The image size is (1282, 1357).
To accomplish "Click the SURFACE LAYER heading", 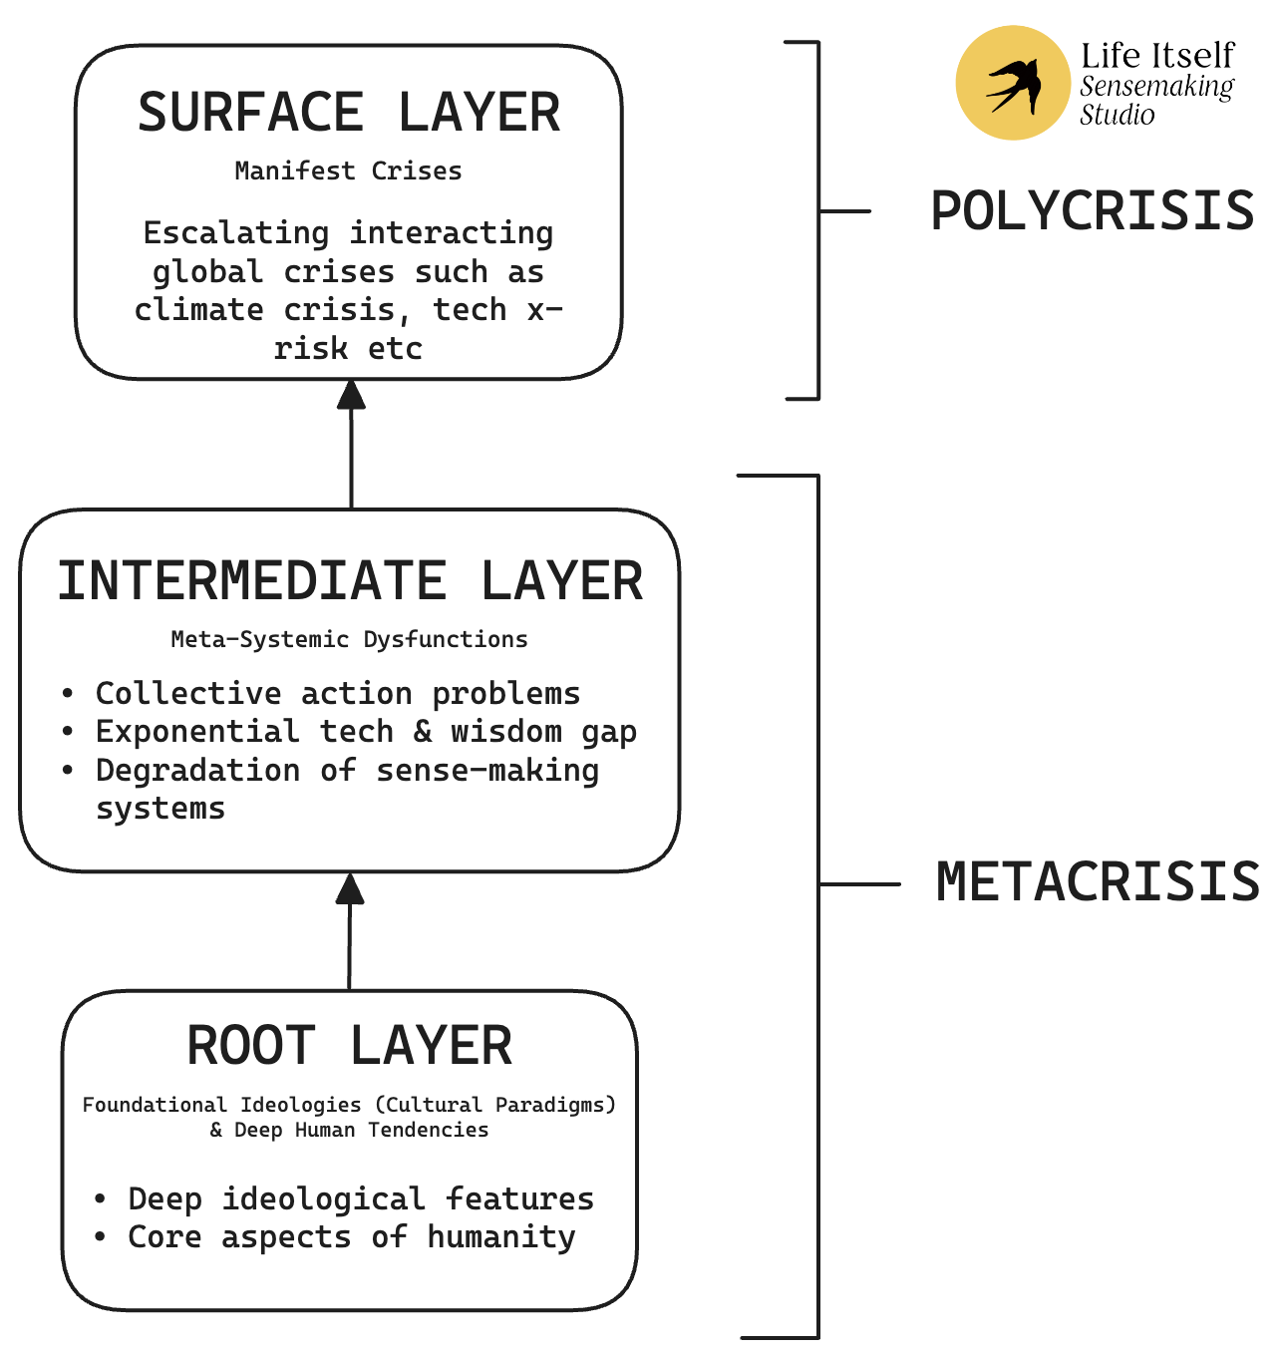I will [349, 113].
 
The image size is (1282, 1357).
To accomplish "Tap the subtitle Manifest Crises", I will [348, 171].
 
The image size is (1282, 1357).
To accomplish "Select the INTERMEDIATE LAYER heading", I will [350, 582].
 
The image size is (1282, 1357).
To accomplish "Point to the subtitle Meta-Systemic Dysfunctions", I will [349, 639].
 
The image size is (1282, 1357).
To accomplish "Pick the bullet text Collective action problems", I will [337, 694].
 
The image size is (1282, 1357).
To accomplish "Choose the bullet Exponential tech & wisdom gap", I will [365, 732].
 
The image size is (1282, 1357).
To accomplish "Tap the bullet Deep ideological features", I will [360, 1198].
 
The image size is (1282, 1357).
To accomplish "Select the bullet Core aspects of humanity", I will [351, 1237].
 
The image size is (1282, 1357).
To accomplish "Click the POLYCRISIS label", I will [1092, 211].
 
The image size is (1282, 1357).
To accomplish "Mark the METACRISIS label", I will [1098, 883].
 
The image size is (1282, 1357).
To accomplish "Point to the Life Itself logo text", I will [1156, 55].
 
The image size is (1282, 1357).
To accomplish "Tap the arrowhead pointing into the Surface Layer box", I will [351, 395].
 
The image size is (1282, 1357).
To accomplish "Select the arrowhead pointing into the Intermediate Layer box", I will [350, 888].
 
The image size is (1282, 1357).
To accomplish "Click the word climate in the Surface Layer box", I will [198, 310].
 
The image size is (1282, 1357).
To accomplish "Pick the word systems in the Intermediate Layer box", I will [160, 809].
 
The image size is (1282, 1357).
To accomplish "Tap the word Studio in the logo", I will [1117, 116].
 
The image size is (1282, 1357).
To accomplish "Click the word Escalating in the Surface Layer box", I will [235, 233].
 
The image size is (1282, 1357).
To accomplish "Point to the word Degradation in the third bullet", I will [197, 771].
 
